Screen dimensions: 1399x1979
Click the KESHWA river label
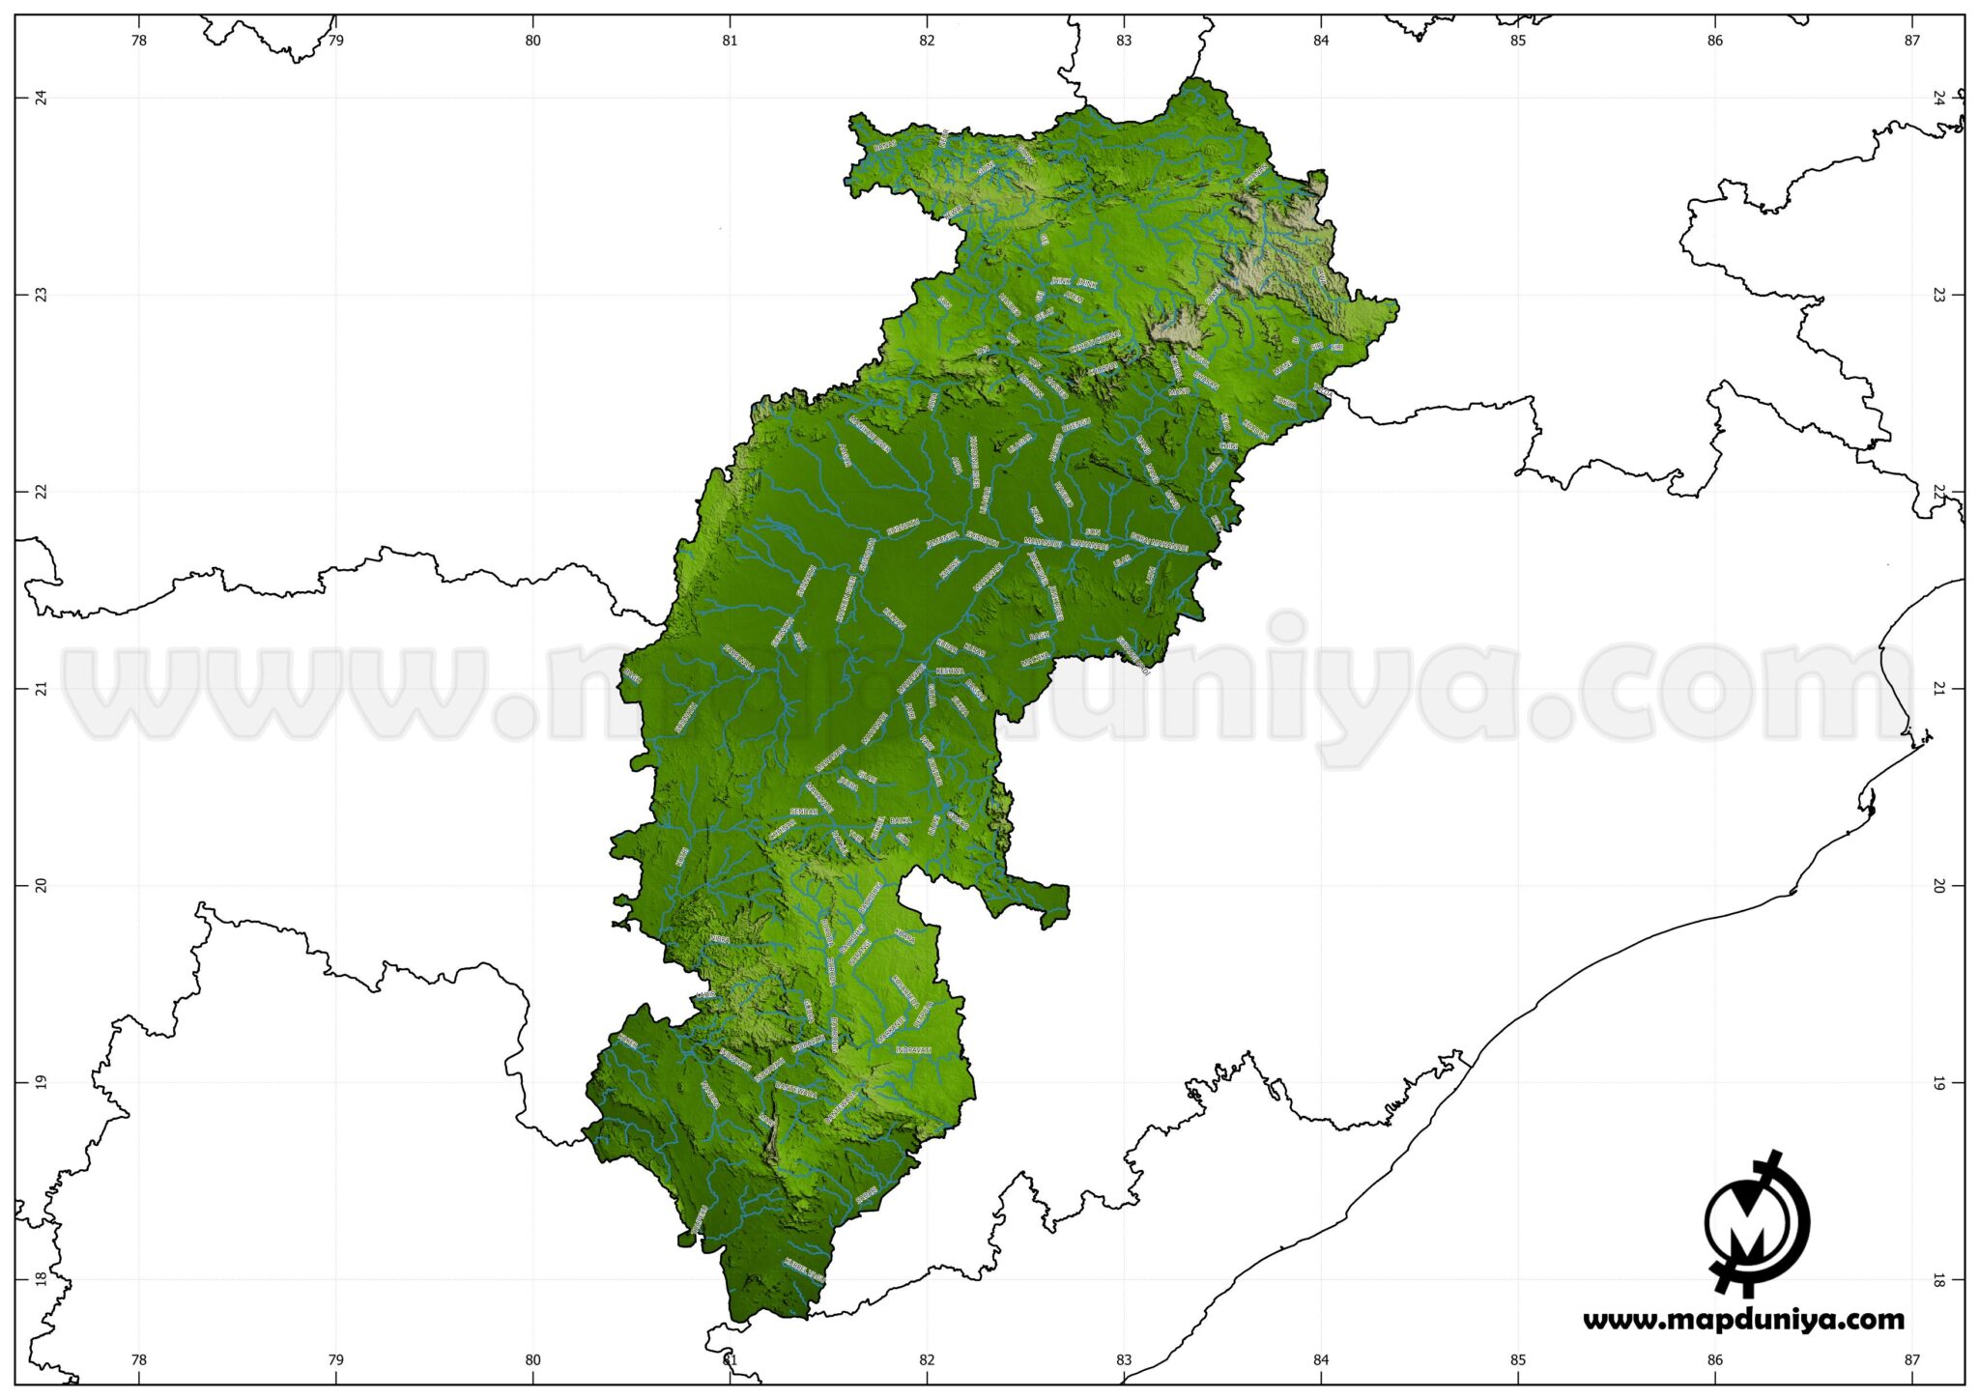[950, 671]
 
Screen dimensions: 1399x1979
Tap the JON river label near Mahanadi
[1092, 532]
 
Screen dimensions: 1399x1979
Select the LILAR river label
[1121, 560]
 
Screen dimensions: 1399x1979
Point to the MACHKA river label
[1035, 660]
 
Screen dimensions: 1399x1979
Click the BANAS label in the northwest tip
[885, 146]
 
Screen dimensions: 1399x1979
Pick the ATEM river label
[1073, 298]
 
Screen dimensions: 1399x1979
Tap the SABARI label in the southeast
[866, 1196]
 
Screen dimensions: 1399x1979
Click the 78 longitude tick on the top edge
[139, 41]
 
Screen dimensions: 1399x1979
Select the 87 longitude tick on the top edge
[1911, 41]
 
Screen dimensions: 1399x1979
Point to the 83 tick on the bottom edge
[1124, 1360]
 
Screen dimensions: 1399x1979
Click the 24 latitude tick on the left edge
[41, 98]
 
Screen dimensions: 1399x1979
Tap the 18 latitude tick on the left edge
[41, 1278]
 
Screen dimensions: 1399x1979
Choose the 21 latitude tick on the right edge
[1938, 688]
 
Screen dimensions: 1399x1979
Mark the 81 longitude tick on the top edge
[730, 41]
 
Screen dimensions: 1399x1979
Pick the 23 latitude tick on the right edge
[1938, 295]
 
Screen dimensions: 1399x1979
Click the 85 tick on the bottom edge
[1518, 1360]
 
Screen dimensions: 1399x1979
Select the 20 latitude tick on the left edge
[41, 885]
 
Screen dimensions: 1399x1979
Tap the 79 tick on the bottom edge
[335, 1360]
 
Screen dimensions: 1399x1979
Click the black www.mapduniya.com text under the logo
[1743, 1320]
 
